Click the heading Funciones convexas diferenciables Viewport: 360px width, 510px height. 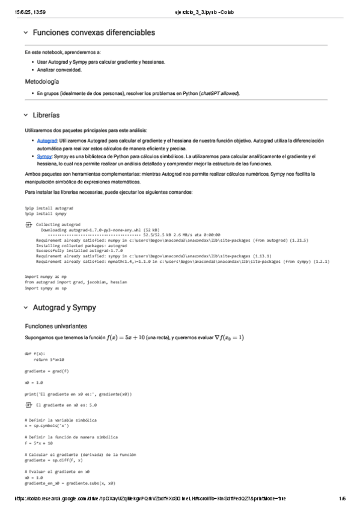[94, 32]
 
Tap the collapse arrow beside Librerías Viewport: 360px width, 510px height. [25, 114]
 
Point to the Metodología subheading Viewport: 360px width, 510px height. [41, 81]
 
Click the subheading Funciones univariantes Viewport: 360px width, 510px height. [55, 325]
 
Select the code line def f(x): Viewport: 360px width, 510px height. [35, 354]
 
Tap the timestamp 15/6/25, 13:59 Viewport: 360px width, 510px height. [26, 5]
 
